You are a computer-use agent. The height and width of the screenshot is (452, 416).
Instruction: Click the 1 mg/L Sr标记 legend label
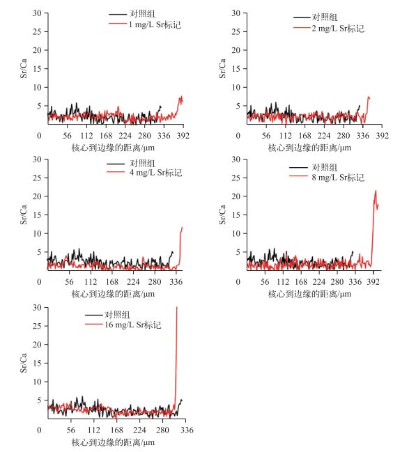pos(155,24)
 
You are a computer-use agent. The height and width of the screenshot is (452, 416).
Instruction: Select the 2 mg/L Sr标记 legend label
pos(338,29)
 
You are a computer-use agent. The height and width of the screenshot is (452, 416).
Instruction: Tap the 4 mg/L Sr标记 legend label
pos(155,173)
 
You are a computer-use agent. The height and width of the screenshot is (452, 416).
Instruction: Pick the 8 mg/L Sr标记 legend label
pos(338,178)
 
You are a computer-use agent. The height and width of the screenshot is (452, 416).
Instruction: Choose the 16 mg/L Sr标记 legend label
pos(133,325)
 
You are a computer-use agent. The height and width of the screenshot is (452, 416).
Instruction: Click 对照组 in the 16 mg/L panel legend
pos(117,315)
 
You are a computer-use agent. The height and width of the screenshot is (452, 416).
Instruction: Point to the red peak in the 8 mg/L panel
pos(376,191)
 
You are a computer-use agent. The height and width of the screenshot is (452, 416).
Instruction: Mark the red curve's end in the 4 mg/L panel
pos(182,228)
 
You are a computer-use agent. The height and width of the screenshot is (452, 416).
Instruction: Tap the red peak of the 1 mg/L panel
pos(181,97)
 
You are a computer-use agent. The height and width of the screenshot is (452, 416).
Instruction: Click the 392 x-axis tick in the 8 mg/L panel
pos(373,282)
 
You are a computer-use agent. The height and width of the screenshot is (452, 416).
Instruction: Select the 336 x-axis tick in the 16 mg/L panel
pos(187,430)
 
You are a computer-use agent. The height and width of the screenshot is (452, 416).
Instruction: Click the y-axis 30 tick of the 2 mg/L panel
pos(236,13)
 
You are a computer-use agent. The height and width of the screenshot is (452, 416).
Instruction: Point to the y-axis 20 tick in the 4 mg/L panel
pos(37,196)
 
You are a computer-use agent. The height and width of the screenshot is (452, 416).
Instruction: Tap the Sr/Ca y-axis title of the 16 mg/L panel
pos(24,363)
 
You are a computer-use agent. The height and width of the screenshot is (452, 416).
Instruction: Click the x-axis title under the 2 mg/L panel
pos(309,148)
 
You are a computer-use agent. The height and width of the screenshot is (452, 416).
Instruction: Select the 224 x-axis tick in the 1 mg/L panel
pos(125,136)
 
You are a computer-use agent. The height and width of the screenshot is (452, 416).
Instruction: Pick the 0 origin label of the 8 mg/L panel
pos(238,282)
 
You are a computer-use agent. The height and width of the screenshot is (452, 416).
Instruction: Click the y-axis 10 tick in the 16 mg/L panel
pos(37,382)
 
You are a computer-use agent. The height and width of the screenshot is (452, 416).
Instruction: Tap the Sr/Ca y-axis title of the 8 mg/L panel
pos(222,215)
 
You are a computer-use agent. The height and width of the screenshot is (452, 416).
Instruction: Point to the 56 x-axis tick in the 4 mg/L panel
pos(69,282)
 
